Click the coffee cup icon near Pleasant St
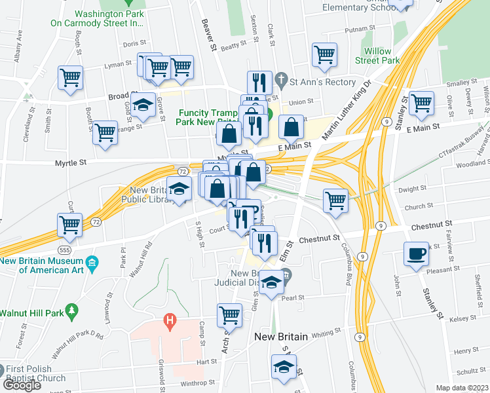[416, 253]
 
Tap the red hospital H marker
[170, 321]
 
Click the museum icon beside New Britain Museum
[92, 264]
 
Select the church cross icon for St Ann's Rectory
[281, 82]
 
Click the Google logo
[22, 385]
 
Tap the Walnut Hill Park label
[33, 313]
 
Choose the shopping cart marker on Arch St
[229, 314]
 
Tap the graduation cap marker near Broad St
[143, 104]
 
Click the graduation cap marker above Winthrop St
[284, 367]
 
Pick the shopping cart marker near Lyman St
[70, 77]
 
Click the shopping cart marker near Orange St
[105, 132]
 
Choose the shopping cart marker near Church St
[335, 199]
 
